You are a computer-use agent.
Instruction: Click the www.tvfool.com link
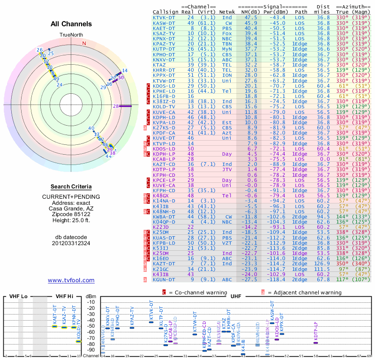(71, 280)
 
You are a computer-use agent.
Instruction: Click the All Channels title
(71, 24)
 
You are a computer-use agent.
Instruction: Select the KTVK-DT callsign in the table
(165, 17)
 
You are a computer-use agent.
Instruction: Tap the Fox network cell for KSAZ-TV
(227, 33)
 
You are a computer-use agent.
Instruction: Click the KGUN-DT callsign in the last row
(165, 280)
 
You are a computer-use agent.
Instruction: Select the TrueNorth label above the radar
(71, 35)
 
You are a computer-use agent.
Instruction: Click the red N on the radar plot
(84, 43)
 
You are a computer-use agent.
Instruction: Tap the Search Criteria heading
(71, 187)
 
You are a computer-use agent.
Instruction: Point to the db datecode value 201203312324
(71, 243)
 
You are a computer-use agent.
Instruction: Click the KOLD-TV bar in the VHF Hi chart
(78, 341)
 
